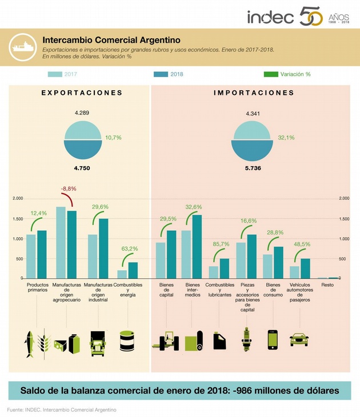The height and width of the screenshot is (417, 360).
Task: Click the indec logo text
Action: (271, 17)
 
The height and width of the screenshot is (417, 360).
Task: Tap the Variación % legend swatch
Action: (270, 74)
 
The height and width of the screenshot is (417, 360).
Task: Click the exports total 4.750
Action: (82, 168)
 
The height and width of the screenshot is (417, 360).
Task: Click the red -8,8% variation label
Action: (68, 189)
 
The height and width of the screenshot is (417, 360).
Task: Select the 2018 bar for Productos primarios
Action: (42, 254)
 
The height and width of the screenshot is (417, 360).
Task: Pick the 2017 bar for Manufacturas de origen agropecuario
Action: (61, 242)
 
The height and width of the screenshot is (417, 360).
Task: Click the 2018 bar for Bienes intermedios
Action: (197, 246)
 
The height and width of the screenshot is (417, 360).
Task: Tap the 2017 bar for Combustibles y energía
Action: (122, 274)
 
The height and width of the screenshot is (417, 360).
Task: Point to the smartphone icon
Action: (273, 339)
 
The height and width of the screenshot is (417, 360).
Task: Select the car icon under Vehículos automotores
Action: (299, 339)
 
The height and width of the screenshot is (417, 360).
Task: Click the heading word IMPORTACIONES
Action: (254, 93)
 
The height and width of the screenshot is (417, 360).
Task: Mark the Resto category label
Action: (328, 284)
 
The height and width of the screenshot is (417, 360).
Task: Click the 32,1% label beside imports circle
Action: (286, 137)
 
